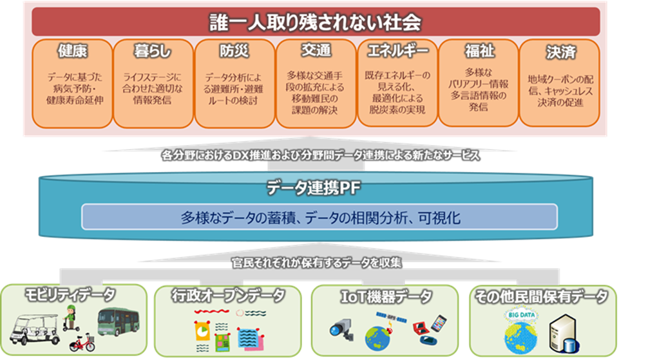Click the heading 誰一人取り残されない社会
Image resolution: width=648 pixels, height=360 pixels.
coord(315,23)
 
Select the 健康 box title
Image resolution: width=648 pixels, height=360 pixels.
coord(72,52)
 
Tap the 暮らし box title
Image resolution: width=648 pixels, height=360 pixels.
coord(153,52)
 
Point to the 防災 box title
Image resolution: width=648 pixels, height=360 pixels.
coord(233,52)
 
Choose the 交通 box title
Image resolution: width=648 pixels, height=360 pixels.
coord(316,50)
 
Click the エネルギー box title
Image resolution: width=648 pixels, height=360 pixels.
coord(397,52)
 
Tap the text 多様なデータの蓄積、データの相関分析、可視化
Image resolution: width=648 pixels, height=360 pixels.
coord(319,218)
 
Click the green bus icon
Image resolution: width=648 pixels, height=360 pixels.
coord(118,321)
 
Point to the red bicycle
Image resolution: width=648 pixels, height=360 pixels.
coord(82,342)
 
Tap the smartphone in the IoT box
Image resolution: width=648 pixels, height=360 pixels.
coord(439,322)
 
